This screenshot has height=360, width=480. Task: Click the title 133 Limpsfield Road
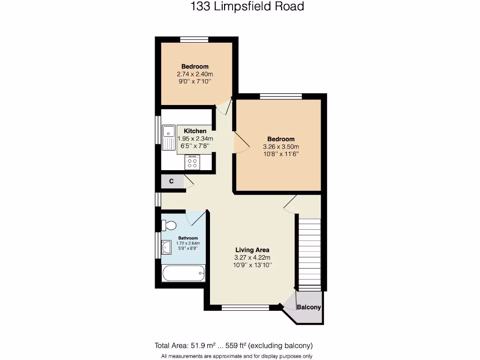tap(240, 7)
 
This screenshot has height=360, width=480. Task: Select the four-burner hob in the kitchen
tap(192, 162)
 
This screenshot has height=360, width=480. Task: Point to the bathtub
tap(183, 273)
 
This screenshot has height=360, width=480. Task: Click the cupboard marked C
tap(172, 181)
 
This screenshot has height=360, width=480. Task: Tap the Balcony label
tap(309, 307)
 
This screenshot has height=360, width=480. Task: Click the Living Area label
tap(252, 250)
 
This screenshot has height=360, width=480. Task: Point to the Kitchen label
tap(195, 131)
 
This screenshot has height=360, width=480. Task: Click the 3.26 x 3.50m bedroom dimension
tap(281, 146)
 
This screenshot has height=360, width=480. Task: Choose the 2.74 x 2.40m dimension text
tap(195, 74)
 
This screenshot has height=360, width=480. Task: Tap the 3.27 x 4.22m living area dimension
tap(252, 257)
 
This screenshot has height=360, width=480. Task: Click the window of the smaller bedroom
tap(194, 39)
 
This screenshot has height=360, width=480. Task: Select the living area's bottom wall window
tap(245, 307)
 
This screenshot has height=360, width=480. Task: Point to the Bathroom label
tap(188, 238)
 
